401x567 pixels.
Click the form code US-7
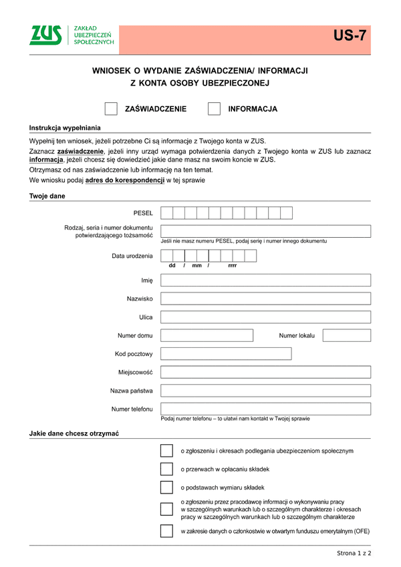click(352, 37)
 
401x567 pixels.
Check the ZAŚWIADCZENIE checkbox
click(112, 109)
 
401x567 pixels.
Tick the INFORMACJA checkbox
click(214, 109)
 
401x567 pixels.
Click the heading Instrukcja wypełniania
click(64, 127)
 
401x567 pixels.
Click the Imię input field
click(265, 280)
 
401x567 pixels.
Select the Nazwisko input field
click(265, 299)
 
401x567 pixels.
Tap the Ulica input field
click(265, 317)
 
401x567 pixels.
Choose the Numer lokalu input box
click(346, 335)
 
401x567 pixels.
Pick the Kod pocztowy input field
click(226, 353)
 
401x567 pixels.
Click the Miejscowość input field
click(265, 372)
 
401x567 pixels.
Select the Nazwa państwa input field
click(265, 390)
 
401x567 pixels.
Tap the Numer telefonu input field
click(265, 408)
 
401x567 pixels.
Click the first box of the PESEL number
click(167, 213)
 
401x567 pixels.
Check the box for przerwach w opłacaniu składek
click(166, 469)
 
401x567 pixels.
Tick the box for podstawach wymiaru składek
click(166, 487)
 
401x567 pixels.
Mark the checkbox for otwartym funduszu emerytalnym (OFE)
click(166, 532)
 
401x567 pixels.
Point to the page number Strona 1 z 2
click(354, 554)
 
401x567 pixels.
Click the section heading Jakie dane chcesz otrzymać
click(74, 433)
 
